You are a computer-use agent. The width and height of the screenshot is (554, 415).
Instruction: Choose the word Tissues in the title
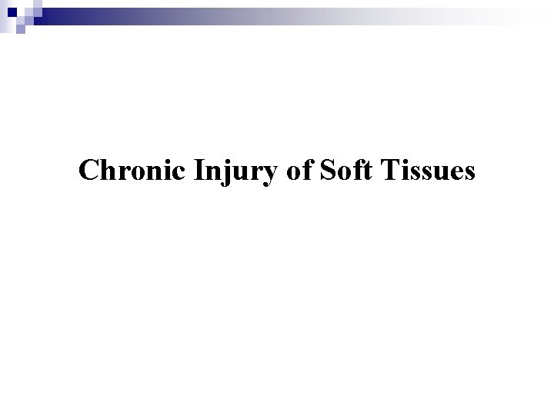coord(426,171)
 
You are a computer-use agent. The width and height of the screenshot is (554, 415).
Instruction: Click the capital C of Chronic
coord(88,171)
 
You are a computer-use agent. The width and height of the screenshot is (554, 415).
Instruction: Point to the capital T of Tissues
coord(387,171)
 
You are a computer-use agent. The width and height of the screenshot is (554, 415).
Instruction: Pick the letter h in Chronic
coord(106,171)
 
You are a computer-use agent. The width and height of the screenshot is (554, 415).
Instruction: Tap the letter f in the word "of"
coord(305,170)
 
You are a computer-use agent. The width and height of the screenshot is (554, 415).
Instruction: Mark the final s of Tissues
coord(469,174)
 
